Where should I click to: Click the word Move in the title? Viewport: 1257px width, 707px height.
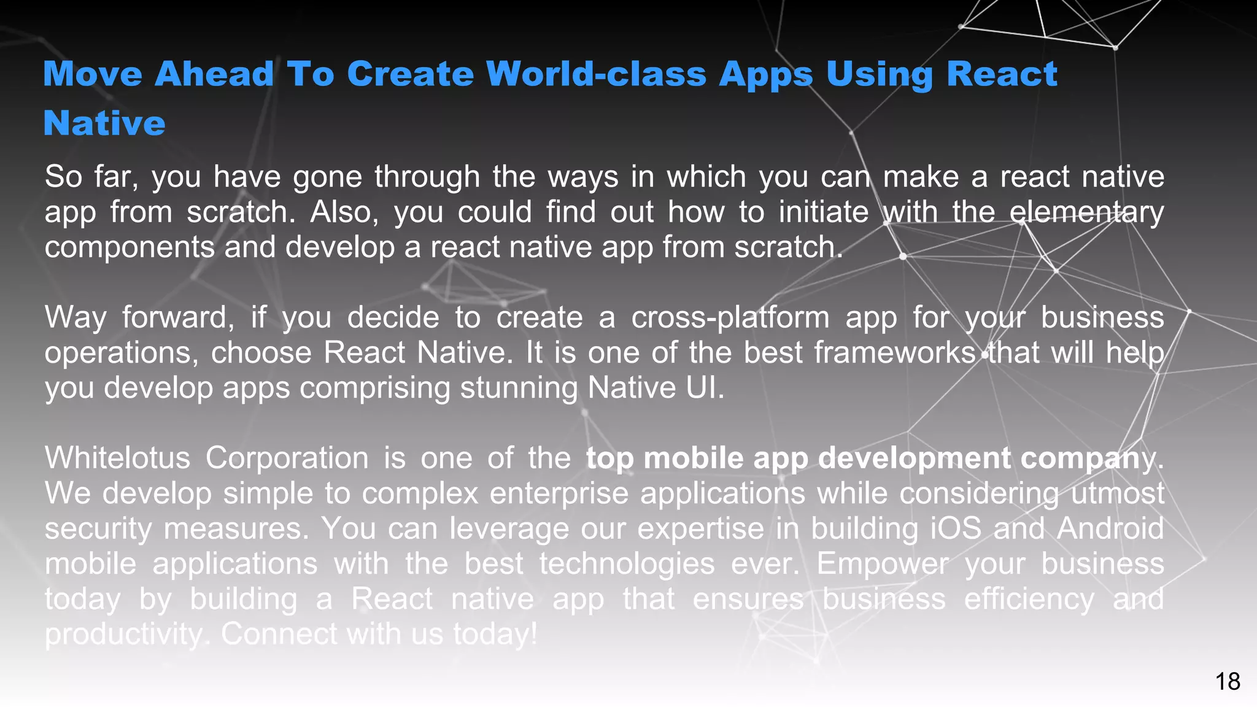pos(93,74)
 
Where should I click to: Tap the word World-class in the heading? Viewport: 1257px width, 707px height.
pos(596,74)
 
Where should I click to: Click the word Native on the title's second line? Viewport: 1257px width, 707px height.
pos(104,123)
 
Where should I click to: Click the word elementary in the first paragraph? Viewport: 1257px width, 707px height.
pos(1086,212)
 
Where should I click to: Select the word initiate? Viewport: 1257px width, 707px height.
pos(823,212)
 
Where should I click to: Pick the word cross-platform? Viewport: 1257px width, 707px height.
pos(730,318)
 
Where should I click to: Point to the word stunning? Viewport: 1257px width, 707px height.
pos(519,388)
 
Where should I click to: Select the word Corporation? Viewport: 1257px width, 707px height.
pos(287,458)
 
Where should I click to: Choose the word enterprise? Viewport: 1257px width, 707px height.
pos(559,493)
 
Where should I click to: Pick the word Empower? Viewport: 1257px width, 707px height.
pos(882,564)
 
